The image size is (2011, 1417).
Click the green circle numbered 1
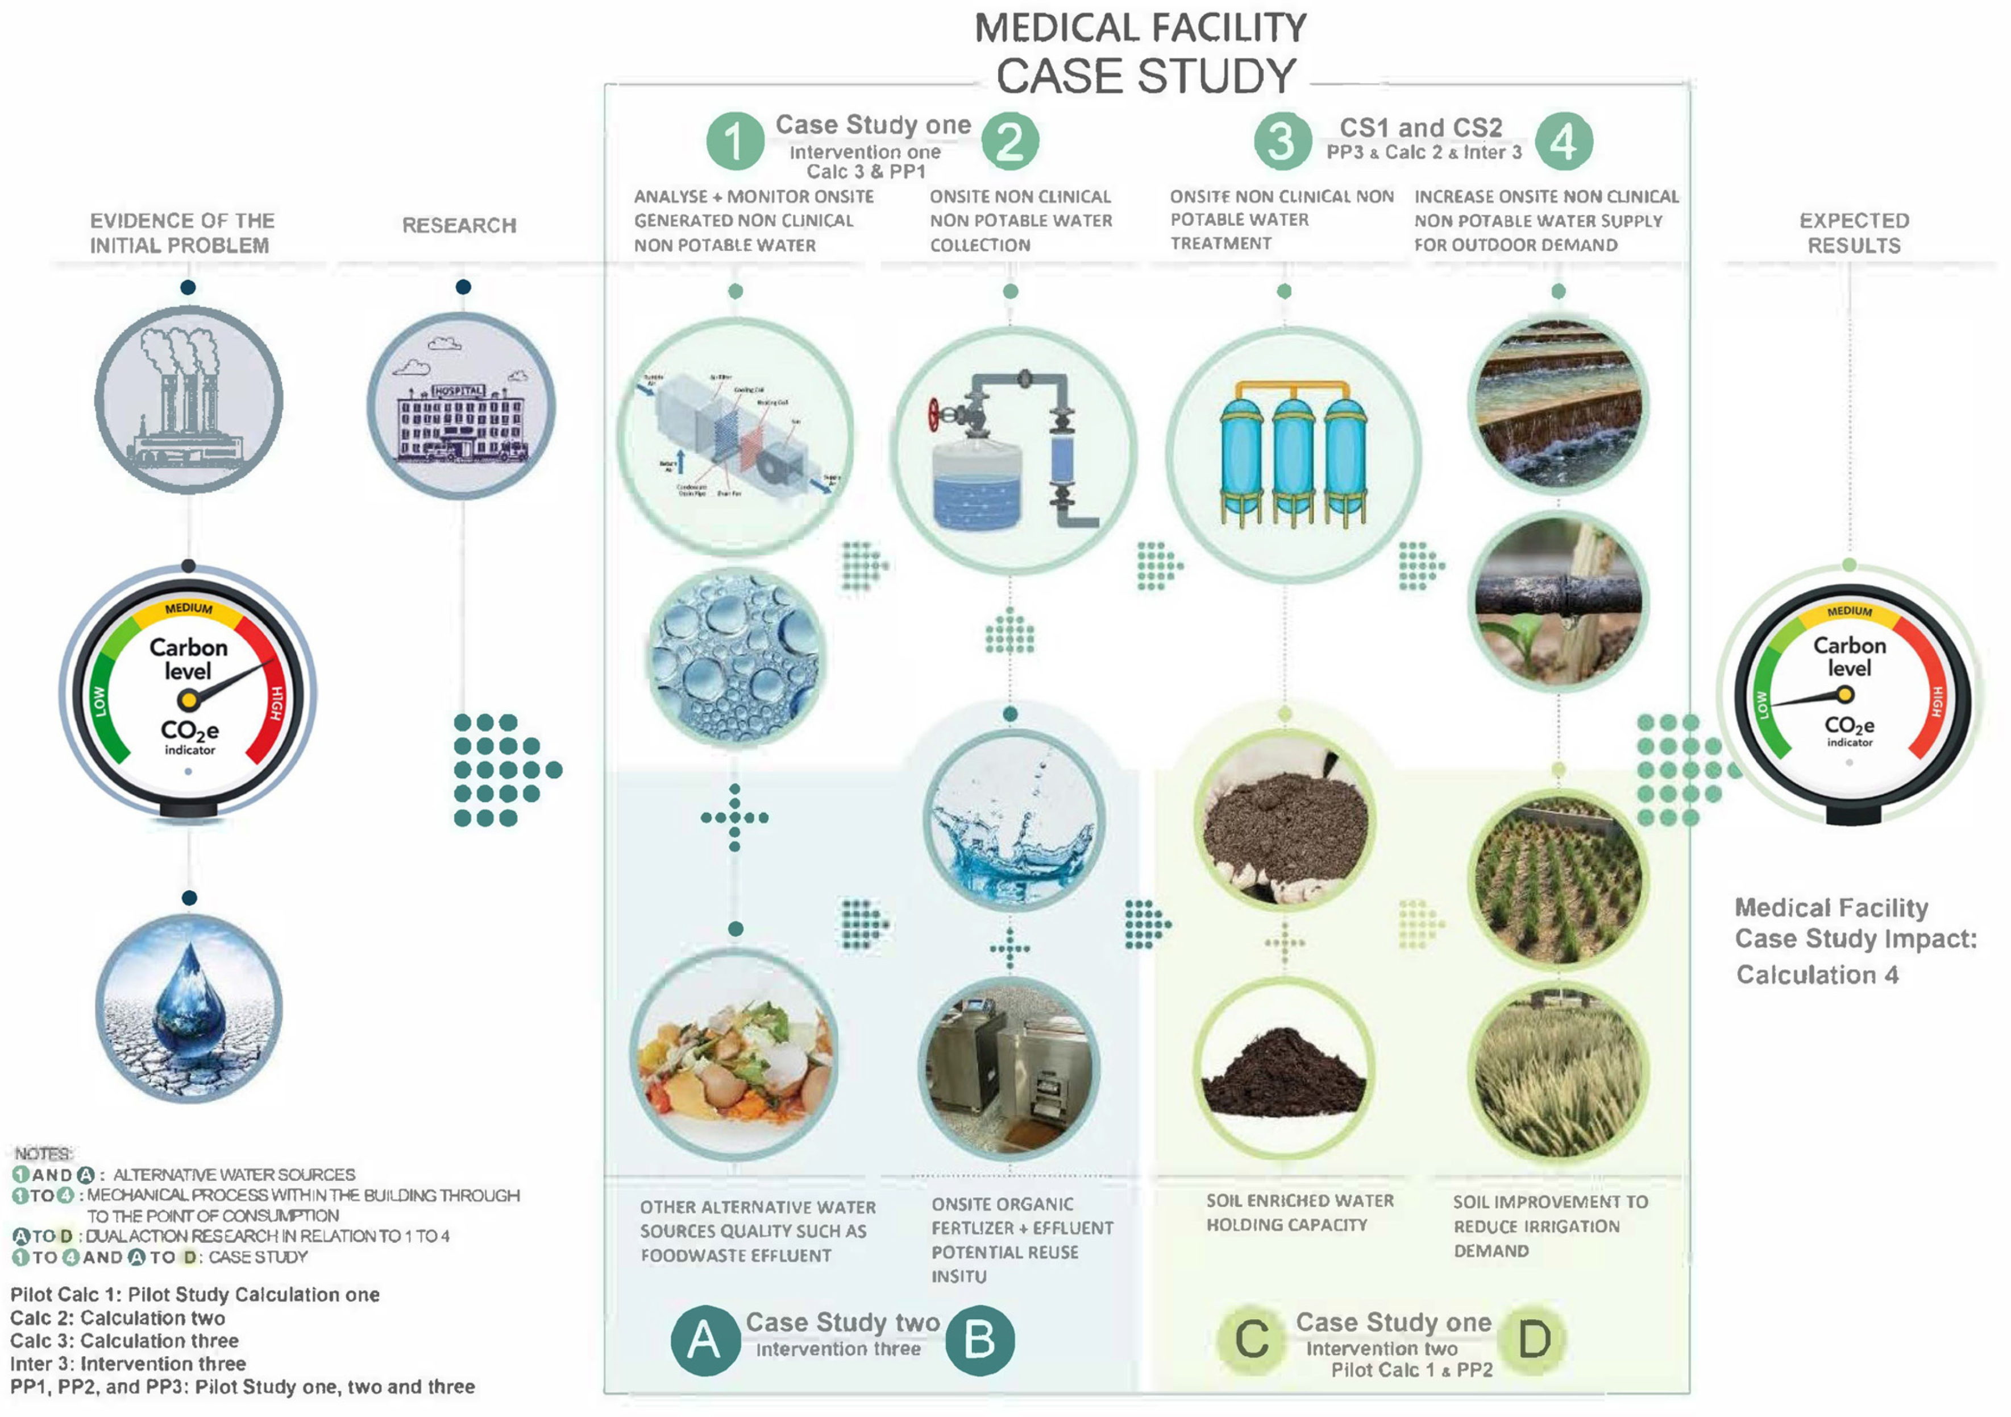[x=735, y=141]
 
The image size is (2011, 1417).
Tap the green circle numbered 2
[x=1010, y=141]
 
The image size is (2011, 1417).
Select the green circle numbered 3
[x=1282, y=141]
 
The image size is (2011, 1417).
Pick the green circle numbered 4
[x=1564, y=141]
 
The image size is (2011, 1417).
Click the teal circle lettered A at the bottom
[x=704, y=1340]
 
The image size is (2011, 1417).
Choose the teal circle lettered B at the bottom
[x=980, y=1340]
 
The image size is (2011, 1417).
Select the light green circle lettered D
[x=1534, y=1340]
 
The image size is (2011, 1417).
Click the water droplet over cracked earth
[x=188, y=1008]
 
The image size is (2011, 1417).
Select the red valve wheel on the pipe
[x=936, y=415]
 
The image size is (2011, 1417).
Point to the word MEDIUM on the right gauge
[x=1849, y=611]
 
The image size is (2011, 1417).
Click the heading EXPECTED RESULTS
[x=1854, y=233]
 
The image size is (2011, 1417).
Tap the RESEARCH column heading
[x=459, y=226]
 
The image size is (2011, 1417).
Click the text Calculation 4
[x=1817, y=976]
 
